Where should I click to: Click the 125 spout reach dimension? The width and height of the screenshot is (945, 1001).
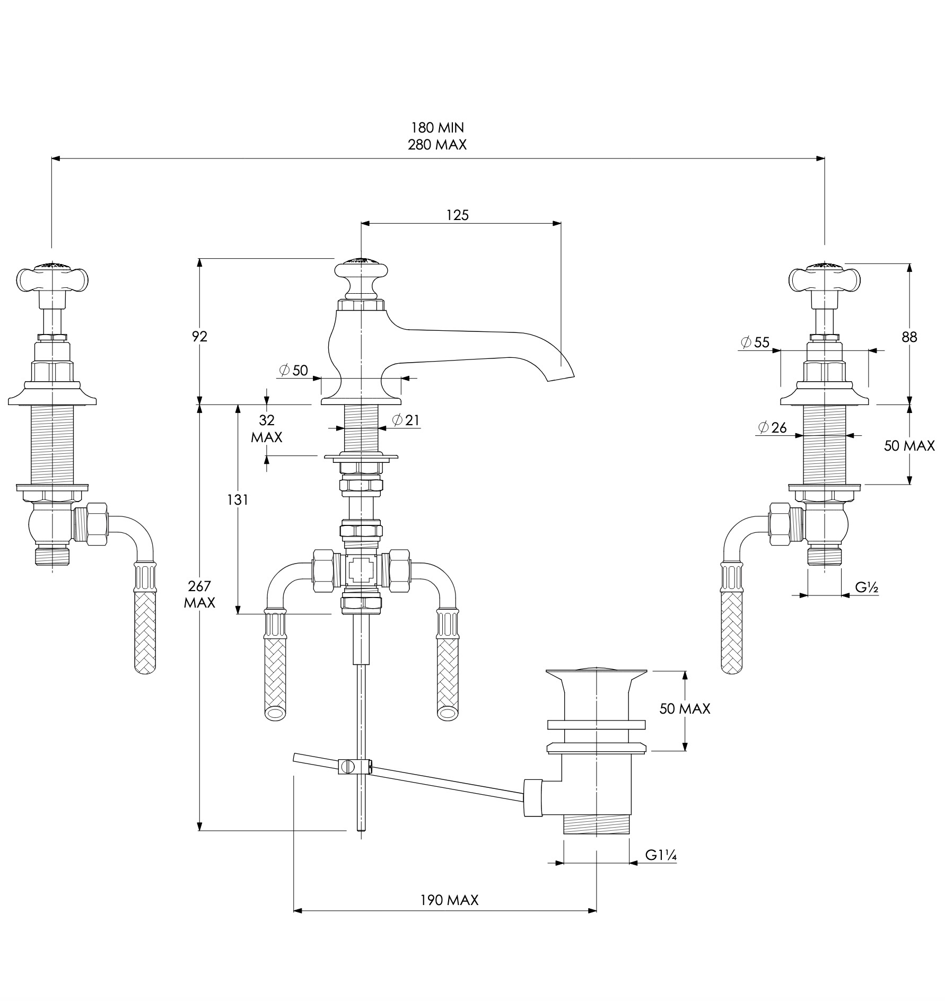click(x=457, y=215)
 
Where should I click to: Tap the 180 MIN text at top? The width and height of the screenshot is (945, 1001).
click(x=437, y=128)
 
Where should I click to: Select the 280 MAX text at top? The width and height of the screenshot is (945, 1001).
click(x=437, y=145)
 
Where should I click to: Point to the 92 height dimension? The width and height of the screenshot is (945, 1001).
click(x=200, y=336)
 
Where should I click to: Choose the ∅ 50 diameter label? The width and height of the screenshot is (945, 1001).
click(x=293, y=370)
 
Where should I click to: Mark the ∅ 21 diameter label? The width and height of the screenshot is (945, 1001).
click(x=406, y=420)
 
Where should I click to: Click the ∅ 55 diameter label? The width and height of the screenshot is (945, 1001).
click(x=755, y=342)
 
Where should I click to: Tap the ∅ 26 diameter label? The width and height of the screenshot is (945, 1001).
click(x=773, y=427)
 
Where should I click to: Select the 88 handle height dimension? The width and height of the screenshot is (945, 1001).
click(x=909, y=337)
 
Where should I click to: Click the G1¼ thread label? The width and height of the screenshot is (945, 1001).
click(x=663, y=855)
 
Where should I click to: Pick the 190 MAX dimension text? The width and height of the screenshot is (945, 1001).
click(x=449, y=900)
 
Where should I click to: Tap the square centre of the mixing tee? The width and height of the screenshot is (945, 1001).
click(x=361, y=570)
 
